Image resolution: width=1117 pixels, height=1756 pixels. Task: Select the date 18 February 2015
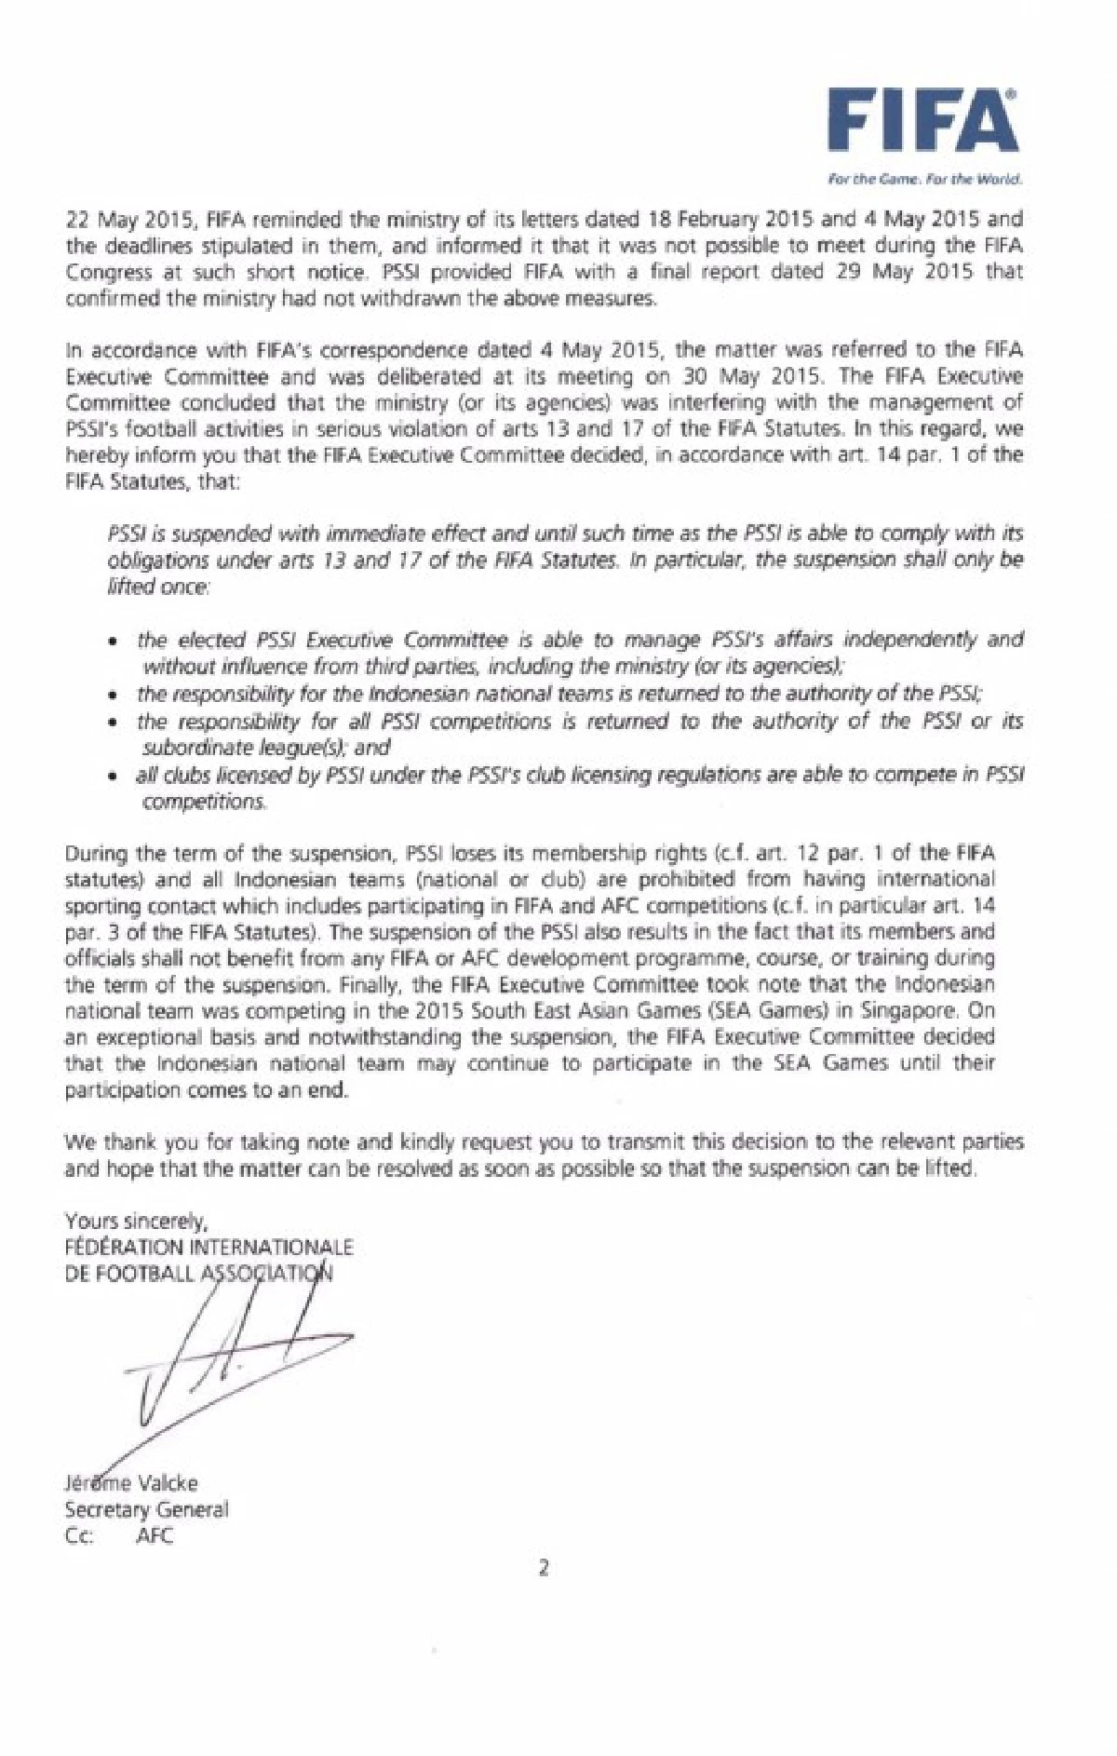tap(711, 220)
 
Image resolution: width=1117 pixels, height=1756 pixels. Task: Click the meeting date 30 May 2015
tap(715, 377)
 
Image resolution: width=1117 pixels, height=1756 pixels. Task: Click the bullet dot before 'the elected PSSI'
tap(113, 642)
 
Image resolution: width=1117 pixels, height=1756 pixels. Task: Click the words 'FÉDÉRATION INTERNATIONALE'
tap(209, 1246)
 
